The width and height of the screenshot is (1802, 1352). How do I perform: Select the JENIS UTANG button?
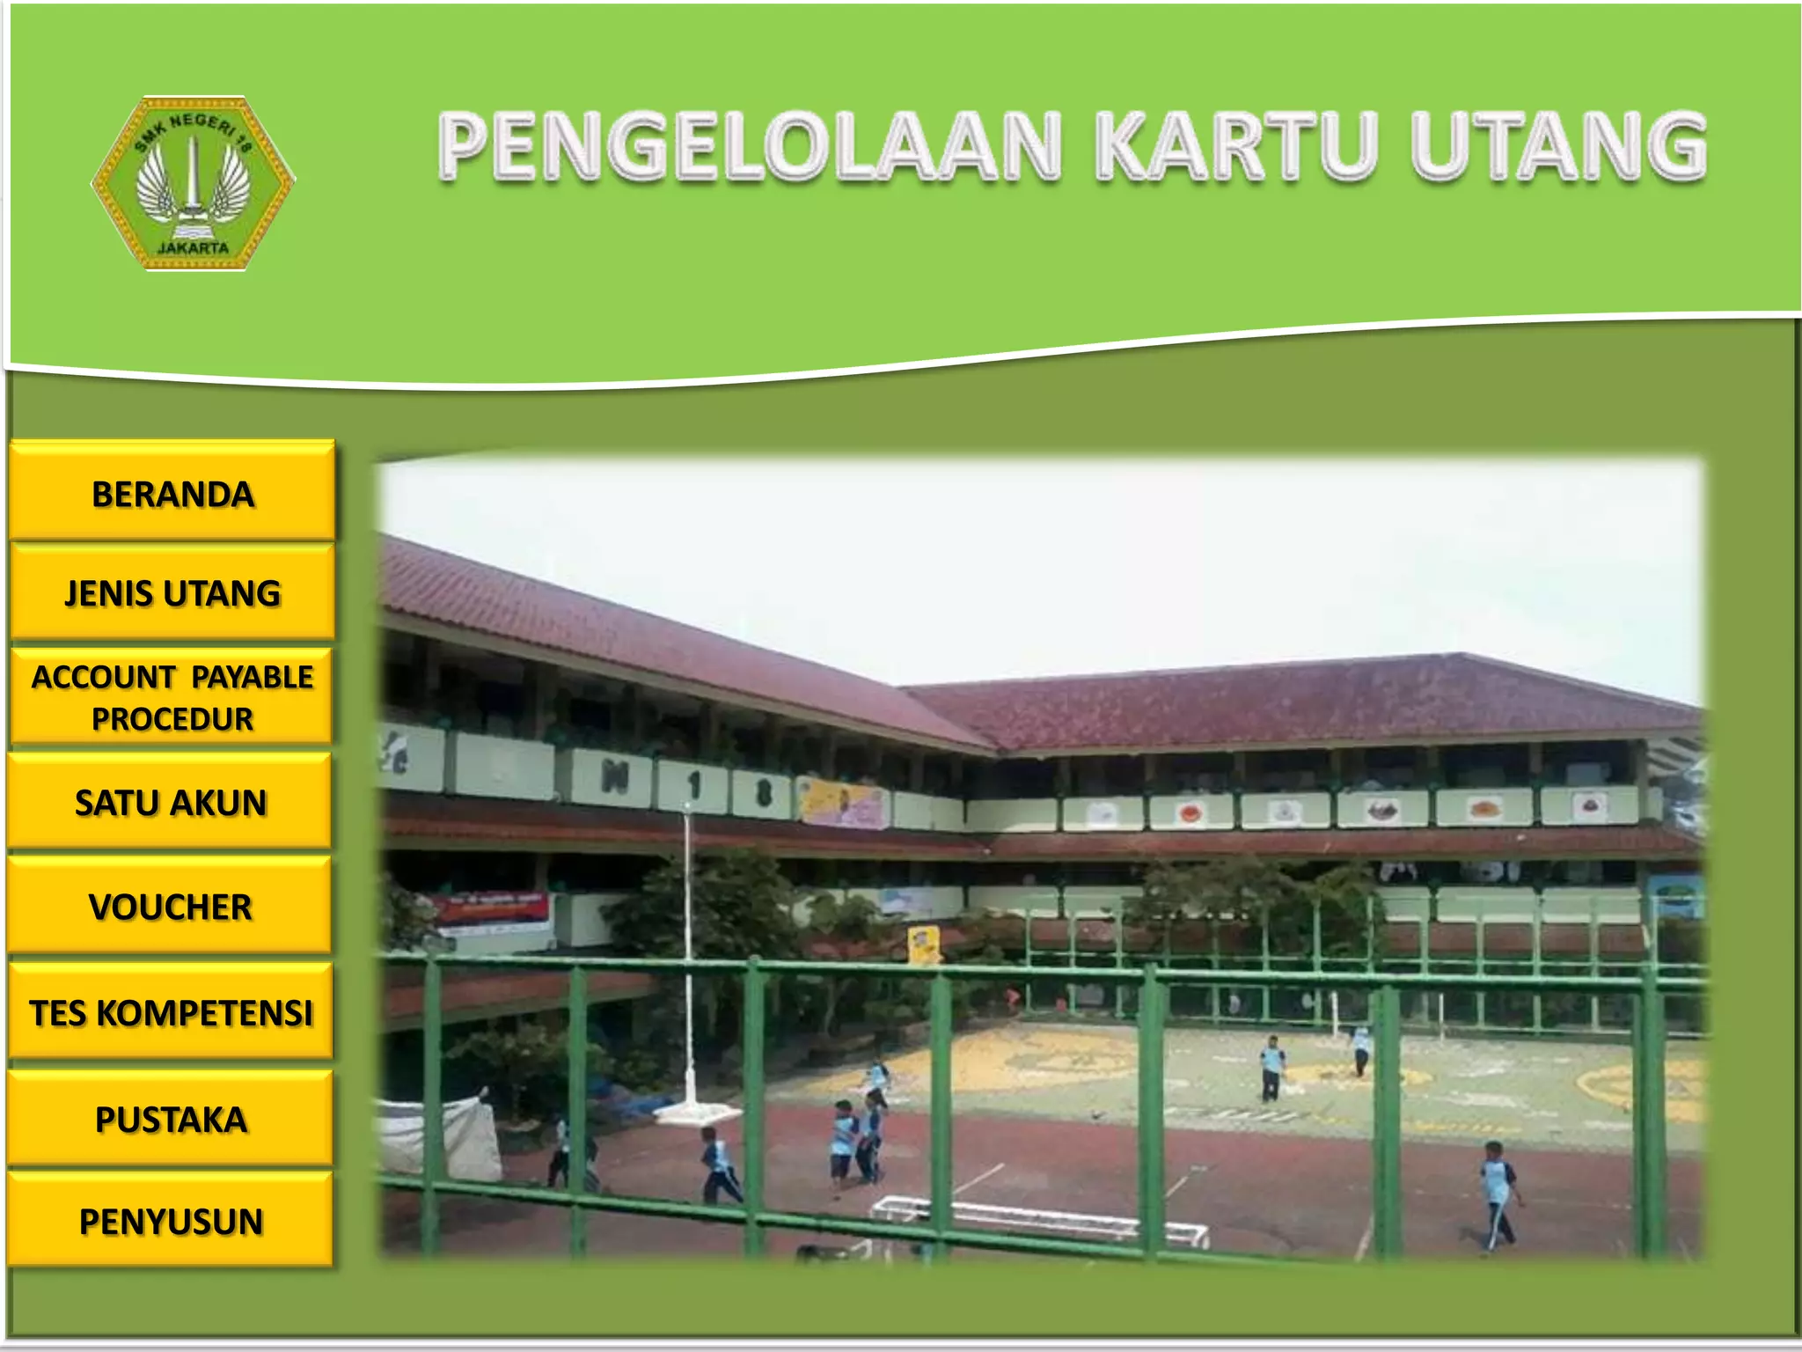click(x=172, y=592)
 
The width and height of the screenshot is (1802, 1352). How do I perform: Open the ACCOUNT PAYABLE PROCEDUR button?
click(x=172, y=697)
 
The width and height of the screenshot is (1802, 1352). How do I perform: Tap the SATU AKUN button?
click(x=171, y=802)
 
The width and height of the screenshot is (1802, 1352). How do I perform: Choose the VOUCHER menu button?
click(x=171, y=906)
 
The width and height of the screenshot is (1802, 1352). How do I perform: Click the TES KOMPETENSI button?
click(x=171, y=1011)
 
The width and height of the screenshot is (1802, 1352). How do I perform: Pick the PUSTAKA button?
click(x=171, y=1119)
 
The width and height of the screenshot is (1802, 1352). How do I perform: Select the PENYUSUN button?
click(x=171, y=1221)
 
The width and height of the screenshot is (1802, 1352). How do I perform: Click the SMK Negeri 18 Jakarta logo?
click(x=194, y=183)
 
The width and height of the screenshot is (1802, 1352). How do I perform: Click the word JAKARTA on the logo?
click(x=194, y=248)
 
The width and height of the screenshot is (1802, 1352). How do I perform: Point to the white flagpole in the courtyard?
click(x=688, y=951)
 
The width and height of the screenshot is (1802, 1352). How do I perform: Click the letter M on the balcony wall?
click(x=614, y=776)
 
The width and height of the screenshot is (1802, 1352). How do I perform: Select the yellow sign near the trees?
click(x=923, y=944)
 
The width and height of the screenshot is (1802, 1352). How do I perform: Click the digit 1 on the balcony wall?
click(x=695, y=783)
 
